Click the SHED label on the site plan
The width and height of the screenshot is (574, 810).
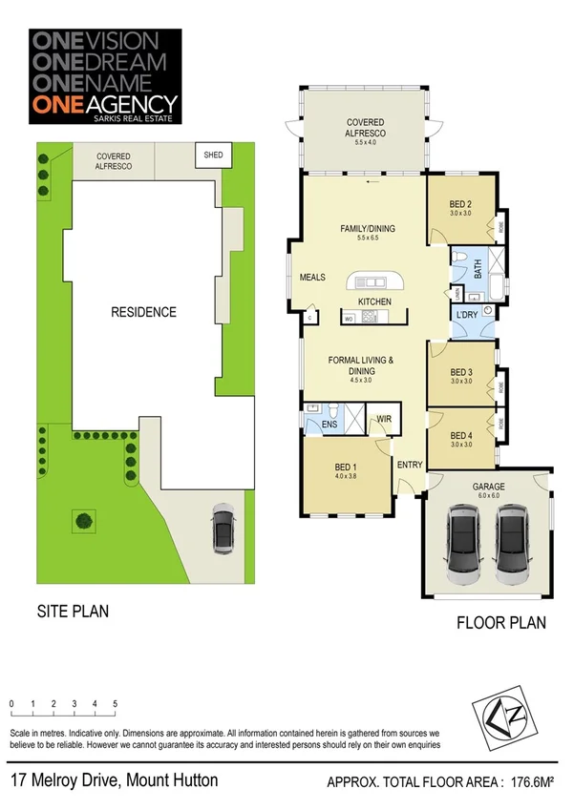pyautogui.click(x=209, y=155)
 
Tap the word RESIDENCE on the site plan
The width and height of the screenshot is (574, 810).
pyautogui.click(x=142, y=312)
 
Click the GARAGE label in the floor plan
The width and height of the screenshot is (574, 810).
pyautogui.click(x=488, y=486)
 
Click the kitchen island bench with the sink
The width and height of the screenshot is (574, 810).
pyautogui.click(x=376, y=282)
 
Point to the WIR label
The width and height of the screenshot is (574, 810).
pyautogui.click(x=384, y=418)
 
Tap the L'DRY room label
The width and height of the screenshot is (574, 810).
pyautogui.click(x=467, y=315)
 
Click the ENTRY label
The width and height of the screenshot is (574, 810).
pyautogui.click(x=410, y=465)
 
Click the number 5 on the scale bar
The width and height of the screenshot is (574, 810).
pyautogui.click(x=115, y=703)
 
